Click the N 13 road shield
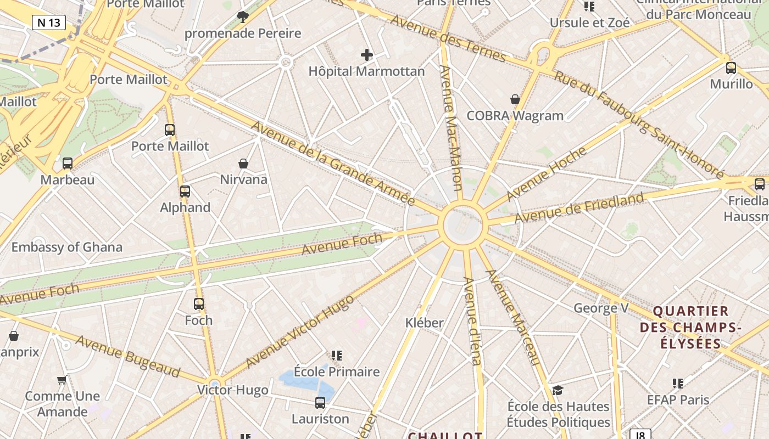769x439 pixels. point(49,22)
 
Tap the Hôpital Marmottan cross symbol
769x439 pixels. point(367,54)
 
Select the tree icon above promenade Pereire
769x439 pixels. point(242,16)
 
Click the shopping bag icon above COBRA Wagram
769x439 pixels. point(515,99)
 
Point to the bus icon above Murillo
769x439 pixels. point(731,68)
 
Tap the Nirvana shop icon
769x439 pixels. point(243,164)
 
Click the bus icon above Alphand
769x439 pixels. point(185,192)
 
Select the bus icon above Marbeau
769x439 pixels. point(68,164)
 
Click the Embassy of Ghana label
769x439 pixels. point(67,247)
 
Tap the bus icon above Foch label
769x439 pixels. point(199,304)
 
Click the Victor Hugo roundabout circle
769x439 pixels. point(215,384)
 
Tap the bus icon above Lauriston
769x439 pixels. point(320,403)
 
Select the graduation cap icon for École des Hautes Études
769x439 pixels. point(558,390)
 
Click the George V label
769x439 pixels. point(601,308)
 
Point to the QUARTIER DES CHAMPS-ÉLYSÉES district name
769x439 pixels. point(691,328)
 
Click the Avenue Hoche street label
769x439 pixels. point(546,174)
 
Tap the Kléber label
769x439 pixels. point(424,323)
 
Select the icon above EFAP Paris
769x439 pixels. point(678,384)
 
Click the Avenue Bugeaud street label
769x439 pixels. point(128,356)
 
